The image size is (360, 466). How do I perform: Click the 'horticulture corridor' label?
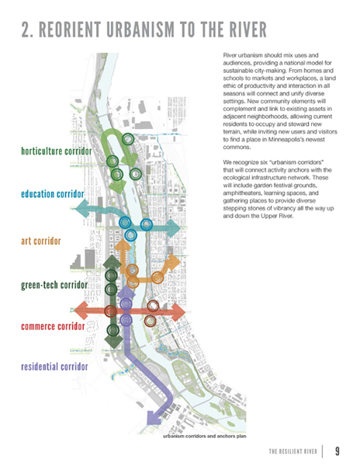[x=57, y=151]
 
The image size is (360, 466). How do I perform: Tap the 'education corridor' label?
[x=53, y=194]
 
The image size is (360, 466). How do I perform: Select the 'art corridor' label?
[x=41, y=241]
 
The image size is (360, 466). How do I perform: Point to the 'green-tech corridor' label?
[x=54, y=285]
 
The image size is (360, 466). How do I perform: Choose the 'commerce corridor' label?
[x=53, y=326]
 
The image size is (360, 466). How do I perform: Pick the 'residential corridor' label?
[x=54, y=367]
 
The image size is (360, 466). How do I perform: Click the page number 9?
[x=337, y=451]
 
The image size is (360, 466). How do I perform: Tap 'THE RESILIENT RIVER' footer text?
[x=293, y=451]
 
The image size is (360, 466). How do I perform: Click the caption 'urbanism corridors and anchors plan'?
[x=205, y=436]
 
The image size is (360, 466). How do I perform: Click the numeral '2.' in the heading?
[x=27, y=30]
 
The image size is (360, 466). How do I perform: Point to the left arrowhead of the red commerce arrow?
[x=81, y=311]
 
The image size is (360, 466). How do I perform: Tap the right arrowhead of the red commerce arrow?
[x=178, y=312]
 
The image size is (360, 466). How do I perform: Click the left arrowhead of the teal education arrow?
[x=82, y=208]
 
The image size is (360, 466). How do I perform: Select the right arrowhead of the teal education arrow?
[x=174, y=228]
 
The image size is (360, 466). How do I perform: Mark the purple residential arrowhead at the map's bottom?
[x=154, y=417]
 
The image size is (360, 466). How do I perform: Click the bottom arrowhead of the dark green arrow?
[x=113, y=342]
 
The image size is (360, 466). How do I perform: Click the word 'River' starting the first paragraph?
[x=229, y=55]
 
